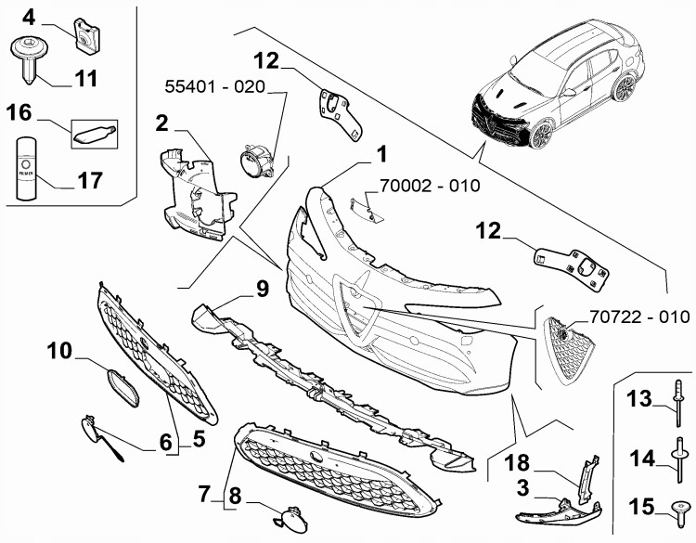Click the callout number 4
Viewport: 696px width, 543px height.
[x=28, y=17]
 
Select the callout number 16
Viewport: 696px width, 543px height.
[x=19, y=113]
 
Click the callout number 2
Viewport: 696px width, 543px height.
[x=161, y=123]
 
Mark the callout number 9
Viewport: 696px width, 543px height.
[x=262, y=289]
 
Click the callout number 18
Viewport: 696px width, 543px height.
[x=516, y=463]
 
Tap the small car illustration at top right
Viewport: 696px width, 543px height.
[x=556, y=88]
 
